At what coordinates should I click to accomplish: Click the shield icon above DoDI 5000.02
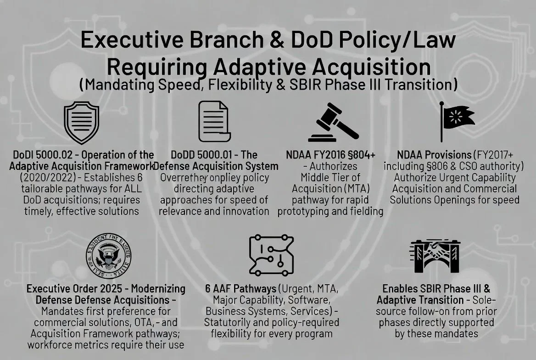pos(81,123)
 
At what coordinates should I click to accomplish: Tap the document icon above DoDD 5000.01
pos(213,121)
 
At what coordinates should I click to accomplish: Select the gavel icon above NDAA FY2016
pos(334,123)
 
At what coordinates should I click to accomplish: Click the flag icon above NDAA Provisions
pos(457,121)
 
